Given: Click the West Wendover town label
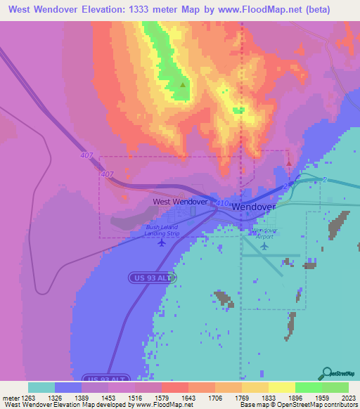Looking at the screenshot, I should coord(181,201).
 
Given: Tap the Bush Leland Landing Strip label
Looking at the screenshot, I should coord(162,230).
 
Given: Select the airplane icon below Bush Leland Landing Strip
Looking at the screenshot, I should coord(162,243).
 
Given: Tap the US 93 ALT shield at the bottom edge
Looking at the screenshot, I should coord(106,377).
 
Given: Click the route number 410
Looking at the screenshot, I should coord(222,203).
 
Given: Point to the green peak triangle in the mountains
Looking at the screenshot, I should coord(183,85).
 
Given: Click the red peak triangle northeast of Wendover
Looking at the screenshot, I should coord(289,163).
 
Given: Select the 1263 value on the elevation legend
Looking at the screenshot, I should coord(28,398).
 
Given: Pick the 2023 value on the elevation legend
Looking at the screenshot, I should coord(349,398).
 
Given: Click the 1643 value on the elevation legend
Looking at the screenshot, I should coord(189,398).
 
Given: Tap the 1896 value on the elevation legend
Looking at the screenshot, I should coord(296,398).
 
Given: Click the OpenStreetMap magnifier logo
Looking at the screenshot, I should coord(327,372).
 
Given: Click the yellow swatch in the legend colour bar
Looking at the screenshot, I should coord(281,387).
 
